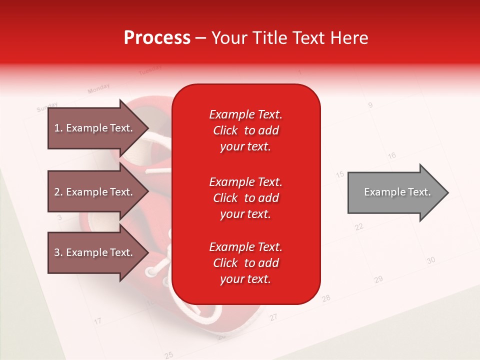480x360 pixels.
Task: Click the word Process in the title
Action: [157, 38]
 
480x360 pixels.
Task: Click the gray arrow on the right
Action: [397, 192]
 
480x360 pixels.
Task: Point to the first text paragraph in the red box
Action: [245, 130]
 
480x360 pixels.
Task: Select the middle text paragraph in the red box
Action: [245, 198]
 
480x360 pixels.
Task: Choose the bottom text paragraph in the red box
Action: [245, 263]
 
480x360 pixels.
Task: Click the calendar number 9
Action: [370, 105]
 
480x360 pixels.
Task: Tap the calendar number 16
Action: [391, 155]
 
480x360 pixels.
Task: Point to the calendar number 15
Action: [340, 174]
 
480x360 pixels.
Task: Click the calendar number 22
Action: [359, 226]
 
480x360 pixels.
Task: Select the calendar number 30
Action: [431, 260]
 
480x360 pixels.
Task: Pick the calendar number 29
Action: [378, 279]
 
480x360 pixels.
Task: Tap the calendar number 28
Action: [326, 298]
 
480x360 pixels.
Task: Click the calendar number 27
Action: [273, 317]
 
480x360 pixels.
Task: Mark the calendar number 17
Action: [98, 320]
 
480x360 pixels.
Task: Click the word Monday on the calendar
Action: [98, 89]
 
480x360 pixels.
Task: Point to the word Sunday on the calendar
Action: [47, 107]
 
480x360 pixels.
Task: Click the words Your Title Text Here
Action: [290, 38]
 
